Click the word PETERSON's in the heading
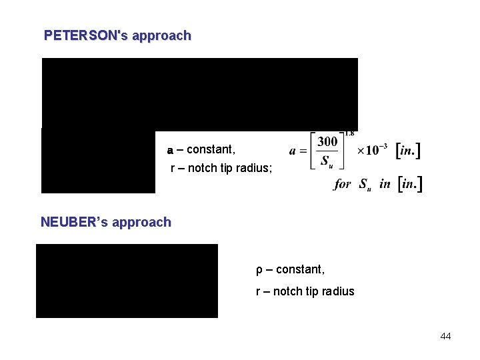pos(86,36)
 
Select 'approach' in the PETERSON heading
pos(161,36)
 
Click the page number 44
pos(445,336)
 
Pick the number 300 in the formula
pos(327,141)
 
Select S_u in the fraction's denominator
pos(327,162)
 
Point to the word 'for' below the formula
pos(343,184)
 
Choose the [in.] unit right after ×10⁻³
pos(408,151)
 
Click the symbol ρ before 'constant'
pos(259,269)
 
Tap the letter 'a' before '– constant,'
pos(170,150)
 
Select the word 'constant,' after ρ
pos(300,269)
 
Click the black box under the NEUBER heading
pos(127,281)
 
